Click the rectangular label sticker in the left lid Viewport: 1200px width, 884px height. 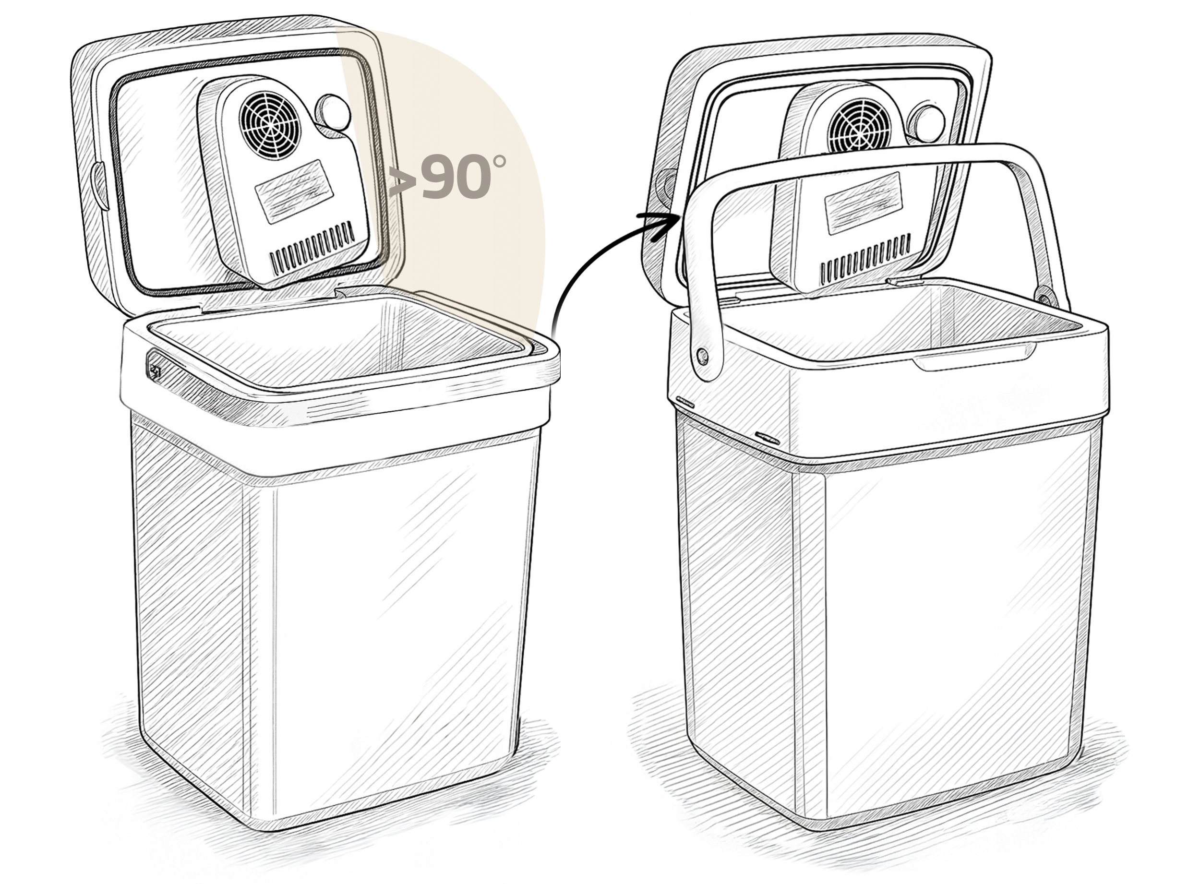[x=294, y=191]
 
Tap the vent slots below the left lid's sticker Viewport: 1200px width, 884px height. [x=312, y=247]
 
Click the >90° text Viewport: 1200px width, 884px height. [x=447, y=177]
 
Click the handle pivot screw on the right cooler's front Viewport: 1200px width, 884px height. [x=703, y=355]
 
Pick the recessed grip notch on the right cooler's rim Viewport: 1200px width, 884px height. [x=974, y=362]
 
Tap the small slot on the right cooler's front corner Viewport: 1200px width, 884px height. [x=768, y=439]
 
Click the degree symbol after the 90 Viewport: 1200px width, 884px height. [x=499, y=161]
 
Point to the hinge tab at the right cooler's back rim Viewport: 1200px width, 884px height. [x=904, y=280]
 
